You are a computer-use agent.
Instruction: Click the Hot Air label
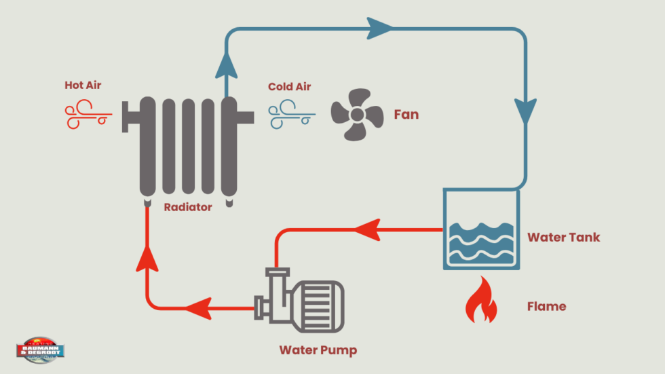pyautogui.click(x=83, y=86)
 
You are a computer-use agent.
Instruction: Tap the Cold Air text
pyautogui.click(x=289, y=87)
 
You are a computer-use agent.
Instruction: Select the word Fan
pyautogui.click(x=406, y=115)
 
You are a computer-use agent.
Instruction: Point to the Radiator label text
pyautogui.click(x=188, y=207)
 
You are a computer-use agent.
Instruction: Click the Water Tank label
pyautogui.click(x=563, y=238)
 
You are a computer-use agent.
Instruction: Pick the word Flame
pyautogui.click(x=546, y=306)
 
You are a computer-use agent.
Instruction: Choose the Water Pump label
pyautogui.click(x=318, y=350)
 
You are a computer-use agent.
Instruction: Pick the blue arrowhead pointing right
pyautogui.click(x=380, y=29)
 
